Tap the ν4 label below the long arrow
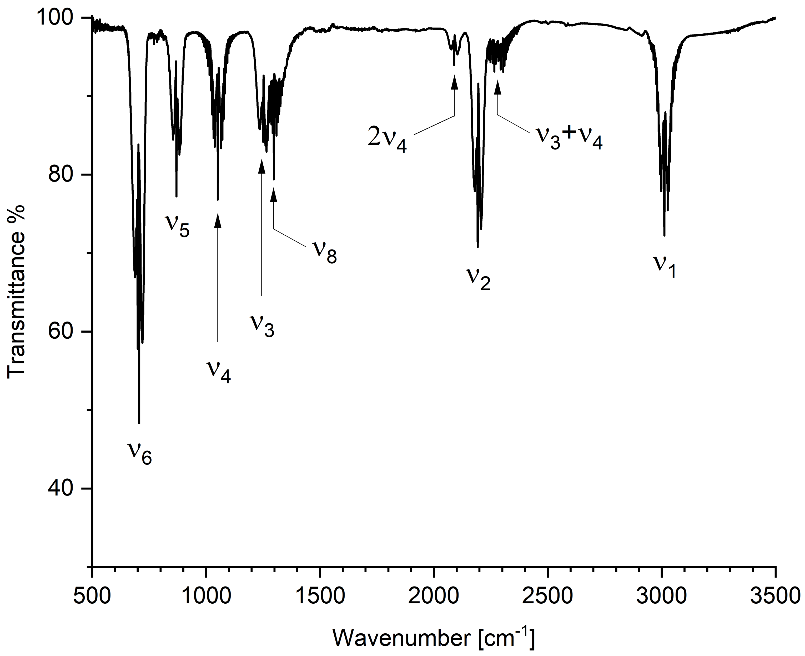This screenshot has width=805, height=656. [218, 372]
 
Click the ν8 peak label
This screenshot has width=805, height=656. [324, 251]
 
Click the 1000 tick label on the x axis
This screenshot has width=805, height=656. [206, 596]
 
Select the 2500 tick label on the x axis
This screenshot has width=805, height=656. [547, 596]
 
